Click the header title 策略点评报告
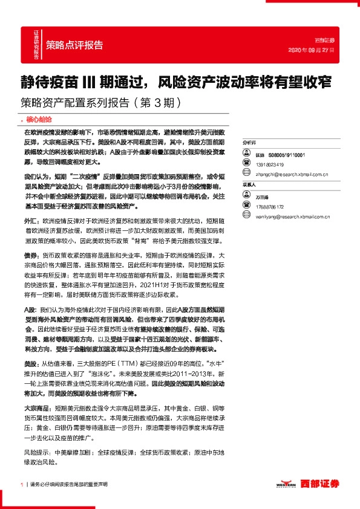[x=74, y=45]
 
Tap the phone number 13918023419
[x=269, y=164]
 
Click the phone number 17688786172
[x=269, y=207]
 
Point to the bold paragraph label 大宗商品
[x=35, y=408]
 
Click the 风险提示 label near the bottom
[x=36, y=452]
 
